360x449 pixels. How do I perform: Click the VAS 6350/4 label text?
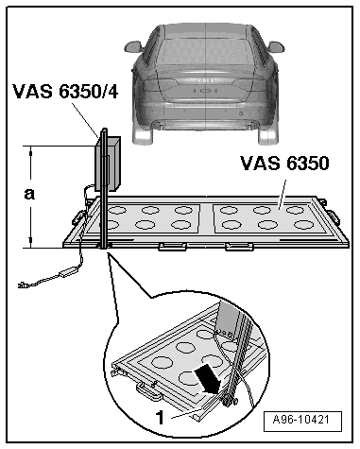tap(65, 92)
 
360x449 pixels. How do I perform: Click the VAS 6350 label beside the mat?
tap(284, 164)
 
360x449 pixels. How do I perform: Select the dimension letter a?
tap(29, 194)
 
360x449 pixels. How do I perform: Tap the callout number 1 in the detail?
tap(161, 418)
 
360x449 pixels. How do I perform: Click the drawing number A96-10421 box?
tap(302, 421)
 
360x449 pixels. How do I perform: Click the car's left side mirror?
tap(133, 46)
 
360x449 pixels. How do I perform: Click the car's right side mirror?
tap(276, 47)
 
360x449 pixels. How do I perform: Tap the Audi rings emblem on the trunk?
tap(206, 80)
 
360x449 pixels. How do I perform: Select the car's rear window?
tap(206, 50)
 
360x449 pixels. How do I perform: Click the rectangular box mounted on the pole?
tap(109, 164)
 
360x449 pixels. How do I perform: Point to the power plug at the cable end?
tap(24, 285)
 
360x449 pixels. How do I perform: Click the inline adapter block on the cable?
tap(69, 272)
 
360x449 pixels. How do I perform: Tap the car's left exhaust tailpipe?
tap(158, 125)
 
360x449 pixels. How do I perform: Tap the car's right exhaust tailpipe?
tap(252, 125)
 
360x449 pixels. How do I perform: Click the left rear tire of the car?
tap(143, 134)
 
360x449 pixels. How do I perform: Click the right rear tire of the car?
tap(268, 134)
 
